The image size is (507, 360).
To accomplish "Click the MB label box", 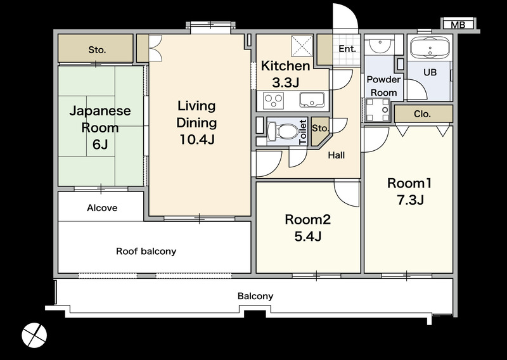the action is click(458, 25).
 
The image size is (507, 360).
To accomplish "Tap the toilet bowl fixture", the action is click(283, 132).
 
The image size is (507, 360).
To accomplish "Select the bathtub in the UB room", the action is click(430, 48).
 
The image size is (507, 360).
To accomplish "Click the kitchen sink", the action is click(312, 100).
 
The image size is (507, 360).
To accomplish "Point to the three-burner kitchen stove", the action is click(274, 100).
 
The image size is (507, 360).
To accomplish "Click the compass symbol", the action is click(34, 335).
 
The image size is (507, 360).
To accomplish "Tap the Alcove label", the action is click(102, 208).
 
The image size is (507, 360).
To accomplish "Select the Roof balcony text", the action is click(146, 252).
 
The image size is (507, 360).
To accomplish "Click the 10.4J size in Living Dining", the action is click(196, 139).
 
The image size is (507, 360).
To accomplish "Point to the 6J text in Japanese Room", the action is click(100, 145).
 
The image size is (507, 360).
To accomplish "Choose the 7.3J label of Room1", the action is click(410, 200).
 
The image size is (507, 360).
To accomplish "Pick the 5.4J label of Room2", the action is click(307, 236).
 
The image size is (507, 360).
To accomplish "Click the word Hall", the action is click(337, 155).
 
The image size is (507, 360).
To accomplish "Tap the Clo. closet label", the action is click(422, 114).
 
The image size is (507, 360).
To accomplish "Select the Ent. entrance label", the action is click(347, 49).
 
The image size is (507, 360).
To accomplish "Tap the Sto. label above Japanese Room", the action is click(97, 50).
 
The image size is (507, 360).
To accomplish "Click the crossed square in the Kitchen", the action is click(302, 46).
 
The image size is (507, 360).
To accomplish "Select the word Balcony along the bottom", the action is click(255, 296).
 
